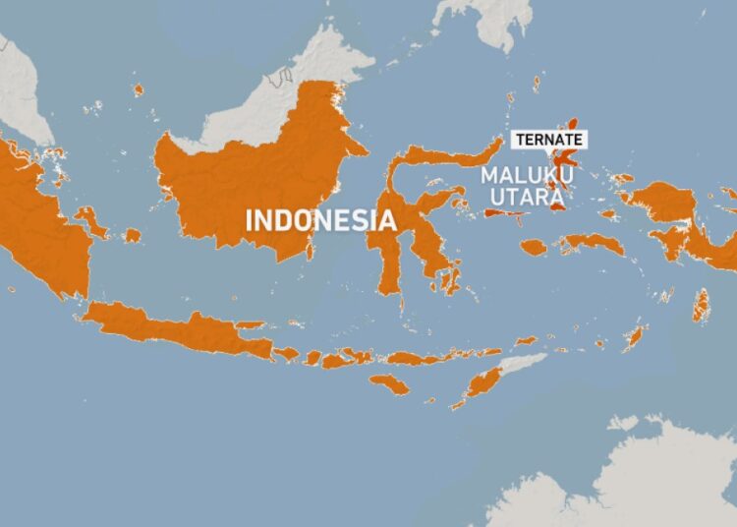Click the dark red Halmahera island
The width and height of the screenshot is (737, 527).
pos(562,162)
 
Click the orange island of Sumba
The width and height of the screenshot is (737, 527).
pos(390,384)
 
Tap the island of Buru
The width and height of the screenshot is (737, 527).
pos(534,248)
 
